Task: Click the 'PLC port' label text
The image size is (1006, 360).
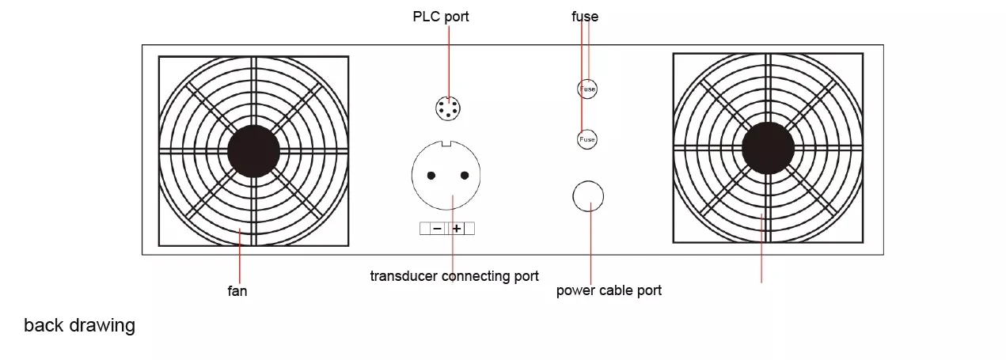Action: point(441,17)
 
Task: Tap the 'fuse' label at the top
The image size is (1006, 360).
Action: point(585,17)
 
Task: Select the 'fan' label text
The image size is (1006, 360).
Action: point(237,291)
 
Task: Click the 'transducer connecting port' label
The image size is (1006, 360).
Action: point(454,276)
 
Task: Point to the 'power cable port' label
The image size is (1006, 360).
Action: point(609,290)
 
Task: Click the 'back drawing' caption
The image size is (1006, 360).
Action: point(79,325)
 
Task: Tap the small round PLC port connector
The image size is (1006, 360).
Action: point(448,108)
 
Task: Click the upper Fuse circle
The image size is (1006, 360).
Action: point(587,89)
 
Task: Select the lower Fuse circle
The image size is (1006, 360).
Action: point(587,139)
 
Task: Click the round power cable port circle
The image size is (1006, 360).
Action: point(588,196)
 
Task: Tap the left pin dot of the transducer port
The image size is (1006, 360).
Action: point(431,176)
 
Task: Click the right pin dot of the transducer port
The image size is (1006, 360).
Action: point(465,176)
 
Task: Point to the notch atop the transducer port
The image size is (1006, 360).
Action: point(446,143)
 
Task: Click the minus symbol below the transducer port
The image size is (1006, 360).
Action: point(438,229)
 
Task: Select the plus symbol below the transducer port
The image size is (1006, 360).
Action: point(457,229)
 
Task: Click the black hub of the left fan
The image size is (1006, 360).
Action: point(254,151)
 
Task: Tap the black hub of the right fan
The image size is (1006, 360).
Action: point(768,148)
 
